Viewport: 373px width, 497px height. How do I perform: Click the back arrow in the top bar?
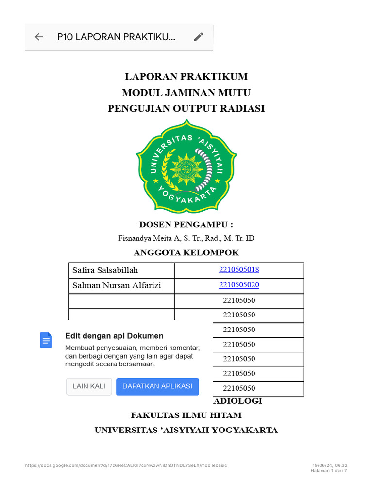click(x=39, y=37)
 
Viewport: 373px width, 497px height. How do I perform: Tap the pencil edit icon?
click(x=198, y=37)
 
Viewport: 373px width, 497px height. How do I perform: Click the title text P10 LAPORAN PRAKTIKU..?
click(x=116, y=37)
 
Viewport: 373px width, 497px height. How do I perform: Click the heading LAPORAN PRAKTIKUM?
click(x=186, y=77)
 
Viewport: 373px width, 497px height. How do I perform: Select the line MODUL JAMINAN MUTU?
click(x=186, y=93)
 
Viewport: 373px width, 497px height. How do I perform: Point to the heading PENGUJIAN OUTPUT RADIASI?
click(x=186, y=109)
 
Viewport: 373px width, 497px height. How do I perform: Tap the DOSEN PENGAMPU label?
click(x=186, y=224)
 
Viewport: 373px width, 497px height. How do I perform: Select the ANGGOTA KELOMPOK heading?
click(x=186, y=253)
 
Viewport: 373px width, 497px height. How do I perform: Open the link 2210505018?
click(x=239, y=270)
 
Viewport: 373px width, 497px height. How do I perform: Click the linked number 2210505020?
click(x=239, y=285)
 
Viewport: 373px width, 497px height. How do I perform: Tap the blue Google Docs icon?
click(x=46, y=340)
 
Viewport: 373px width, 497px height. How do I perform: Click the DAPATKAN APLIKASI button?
click(x=157, y=386)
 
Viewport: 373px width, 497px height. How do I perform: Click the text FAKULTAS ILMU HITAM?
click(x=186, y=415)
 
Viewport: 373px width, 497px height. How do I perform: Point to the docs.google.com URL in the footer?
click(x=126, y=465)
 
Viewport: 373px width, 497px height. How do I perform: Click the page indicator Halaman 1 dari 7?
click(x=329, y=470)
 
